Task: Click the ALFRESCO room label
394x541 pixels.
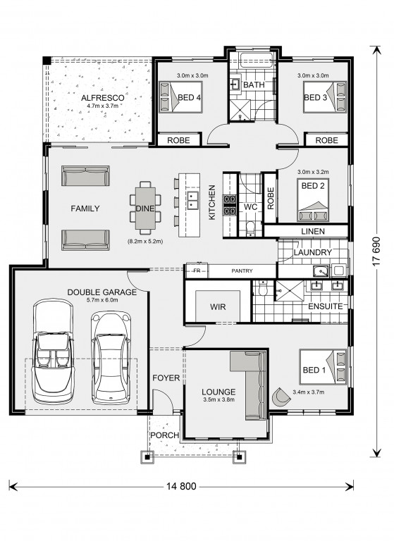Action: tap(103, 98)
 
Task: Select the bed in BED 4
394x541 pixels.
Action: tap(180, 97)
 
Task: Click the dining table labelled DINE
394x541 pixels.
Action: tap(145, 208)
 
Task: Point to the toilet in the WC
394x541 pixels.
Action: tap(250, 229)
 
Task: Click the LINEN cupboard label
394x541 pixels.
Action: tap(313, 231)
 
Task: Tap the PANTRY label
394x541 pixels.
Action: tap(242, 270)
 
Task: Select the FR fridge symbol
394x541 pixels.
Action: tap(197, 270)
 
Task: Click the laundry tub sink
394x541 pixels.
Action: tap(321, 271)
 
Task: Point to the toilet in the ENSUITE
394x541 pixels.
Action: tap(263, 288)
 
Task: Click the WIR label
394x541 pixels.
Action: tap(218, 306)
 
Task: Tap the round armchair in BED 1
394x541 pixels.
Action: tap(281, 397)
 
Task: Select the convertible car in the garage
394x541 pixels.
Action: tap(53, 351)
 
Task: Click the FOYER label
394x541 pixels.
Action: tap(166, 378)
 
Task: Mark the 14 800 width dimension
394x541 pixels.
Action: tap(181, 486)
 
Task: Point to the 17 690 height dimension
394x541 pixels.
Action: tap(376, 251)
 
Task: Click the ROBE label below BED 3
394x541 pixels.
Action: tap(326, 140)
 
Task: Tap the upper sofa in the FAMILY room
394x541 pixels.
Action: tap(86, 175)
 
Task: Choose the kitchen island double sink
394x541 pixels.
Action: tap(192, 201)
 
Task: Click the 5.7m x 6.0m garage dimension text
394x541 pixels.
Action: tap(102, 300)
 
